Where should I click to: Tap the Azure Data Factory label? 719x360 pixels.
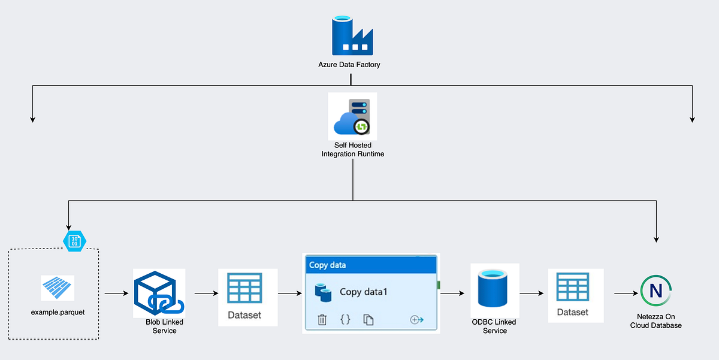349,64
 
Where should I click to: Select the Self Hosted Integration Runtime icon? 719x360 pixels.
352,117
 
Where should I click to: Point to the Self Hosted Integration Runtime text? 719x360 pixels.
352,150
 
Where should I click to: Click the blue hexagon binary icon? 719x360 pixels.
75,241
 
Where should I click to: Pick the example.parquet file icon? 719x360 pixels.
58,288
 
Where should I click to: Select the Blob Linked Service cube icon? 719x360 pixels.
159,294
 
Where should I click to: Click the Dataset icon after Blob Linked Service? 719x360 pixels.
244,289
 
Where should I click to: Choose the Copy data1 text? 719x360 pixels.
364,292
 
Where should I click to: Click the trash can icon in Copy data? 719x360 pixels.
322,320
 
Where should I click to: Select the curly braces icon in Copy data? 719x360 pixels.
345,320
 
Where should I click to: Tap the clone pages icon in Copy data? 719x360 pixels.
368,320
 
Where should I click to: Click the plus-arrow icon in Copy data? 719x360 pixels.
416,320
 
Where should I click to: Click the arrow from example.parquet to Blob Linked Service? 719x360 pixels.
117,294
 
